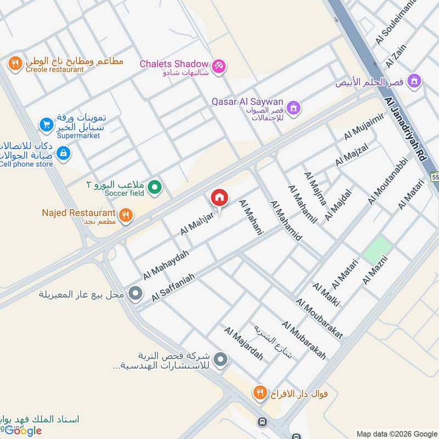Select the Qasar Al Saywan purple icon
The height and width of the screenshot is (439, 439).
coord(294,107)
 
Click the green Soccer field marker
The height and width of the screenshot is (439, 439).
coord(155,188)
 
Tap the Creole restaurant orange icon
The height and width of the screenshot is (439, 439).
coord(15,64)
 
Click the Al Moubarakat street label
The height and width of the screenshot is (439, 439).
coord(319,318)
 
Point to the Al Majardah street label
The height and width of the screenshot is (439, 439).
coord(243,344)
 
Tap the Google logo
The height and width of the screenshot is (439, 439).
coord(23,431)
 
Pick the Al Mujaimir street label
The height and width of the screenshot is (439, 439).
coord(363,127)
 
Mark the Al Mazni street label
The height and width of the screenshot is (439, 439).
coord(375,267)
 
